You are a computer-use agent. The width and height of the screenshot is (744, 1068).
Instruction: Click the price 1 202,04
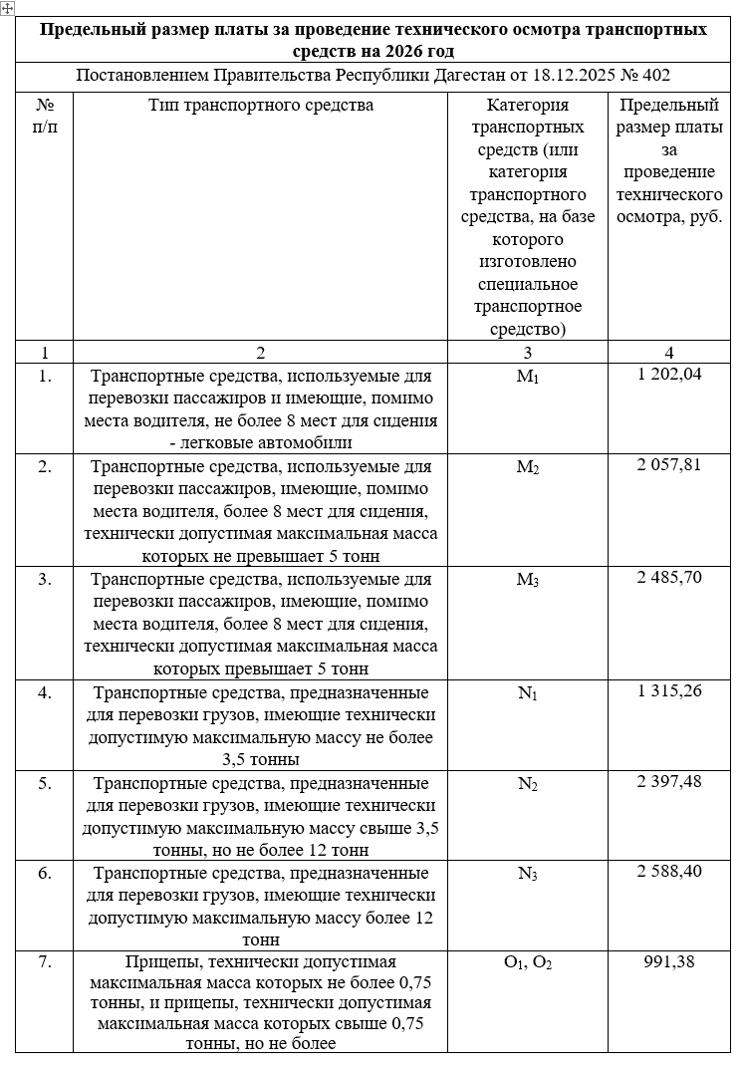click(x=669, y=376)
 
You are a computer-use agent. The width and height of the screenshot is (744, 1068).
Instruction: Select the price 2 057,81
click(x=669, y=465)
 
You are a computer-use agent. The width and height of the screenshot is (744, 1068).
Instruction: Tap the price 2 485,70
click(x=669, y=578)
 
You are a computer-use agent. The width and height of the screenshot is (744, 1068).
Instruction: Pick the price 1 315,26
click(x=669, y=691)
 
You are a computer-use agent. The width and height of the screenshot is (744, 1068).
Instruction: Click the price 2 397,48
click(x=669, y=781)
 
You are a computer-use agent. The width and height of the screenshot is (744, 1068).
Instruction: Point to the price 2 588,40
click(x=669, y=871)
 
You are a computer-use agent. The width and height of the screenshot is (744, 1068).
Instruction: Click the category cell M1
click(x=527, y=378)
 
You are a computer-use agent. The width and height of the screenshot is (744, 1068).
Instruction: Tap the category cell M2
click(x=527, y=467)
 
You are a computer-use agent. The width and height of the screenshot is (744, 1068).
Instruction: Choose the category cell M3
click(x=527, y=580)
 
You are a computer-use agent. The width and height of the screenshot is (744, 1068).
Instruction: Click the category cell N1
click(x=527, y=693)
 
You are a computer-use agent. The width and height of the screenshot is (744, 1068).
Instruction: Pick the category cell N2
click(x=527, y=783)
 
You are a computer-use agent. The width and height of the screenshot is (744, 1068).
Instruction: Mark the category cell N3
click(x=527, y=873)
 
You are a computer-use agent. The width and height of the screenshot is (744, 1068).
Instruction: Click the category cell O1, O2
click(x=527, y=962)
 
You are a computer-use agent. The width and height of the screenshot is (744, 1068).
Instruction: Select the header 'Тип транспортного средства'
click(x=260, y=105)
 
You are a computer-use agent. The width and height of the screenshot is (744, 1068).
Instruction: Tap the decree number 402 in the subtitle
click(x=656, y=75)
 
